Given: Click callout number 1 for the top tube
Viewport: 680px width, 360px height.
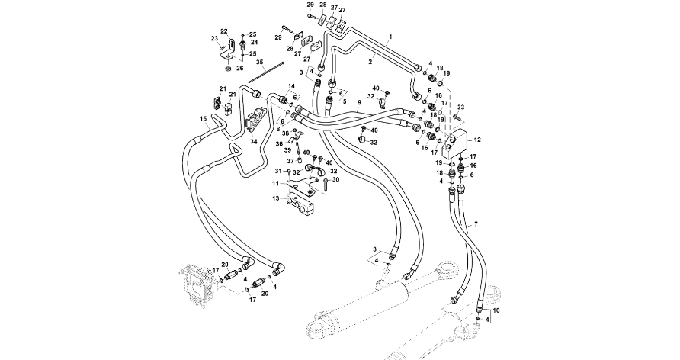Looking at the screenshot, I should click(x=390, y=37).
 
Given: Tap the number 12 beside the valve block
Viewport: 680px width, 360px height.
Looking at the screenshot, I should click(x=478, y=140).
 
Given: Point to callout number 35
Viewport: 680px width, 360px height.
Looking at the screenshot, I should click(x=259, y=62).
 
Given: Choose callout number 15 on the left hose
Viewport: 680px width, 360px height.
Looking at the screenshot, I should click(x=203, y=118).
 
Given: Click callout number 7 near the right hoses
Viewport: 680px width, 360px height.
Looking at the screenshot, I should click(x=476, y=223).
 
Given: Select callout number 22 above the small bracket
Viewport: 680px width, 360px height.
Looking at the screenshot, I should click(x=224, y=31).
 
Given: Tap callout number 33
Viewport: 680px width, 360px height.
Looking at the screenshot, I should click(x=460, y=108).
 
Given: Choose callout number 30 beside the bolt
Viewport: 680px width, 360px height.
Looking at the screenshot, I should click(x=335, y=181).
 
